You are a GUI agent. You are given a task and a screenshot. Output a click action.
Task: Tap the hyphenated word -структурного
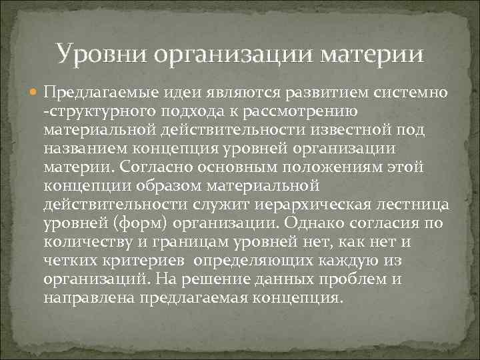tap(93, 109)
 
